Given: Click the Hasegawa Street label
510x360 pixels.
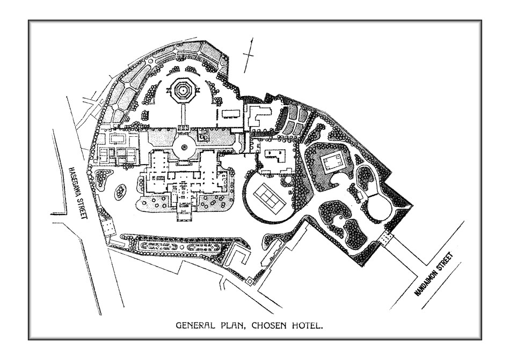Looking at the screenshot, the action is tap(79, 193).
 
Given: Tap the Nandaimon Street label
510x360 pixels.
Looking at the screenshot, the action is tap(433, 275).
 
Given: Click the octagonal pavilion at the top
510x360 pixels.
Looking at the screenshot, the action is tap(182, 90).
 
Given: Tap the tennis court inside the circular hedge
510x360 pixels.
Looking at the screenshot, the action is tap(269, 197).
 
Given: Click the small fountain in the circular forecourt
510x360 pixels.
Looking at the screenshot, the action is tap(185, 147).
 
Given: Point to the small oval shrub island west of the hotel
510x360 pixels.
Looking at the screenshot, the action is tap(120, 192).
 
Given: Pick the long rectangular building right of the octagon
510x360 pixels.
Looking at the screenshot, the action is tap(231, 113).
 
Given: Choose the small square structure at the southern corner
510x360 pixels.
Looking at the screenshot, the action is tap(249, 281).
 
